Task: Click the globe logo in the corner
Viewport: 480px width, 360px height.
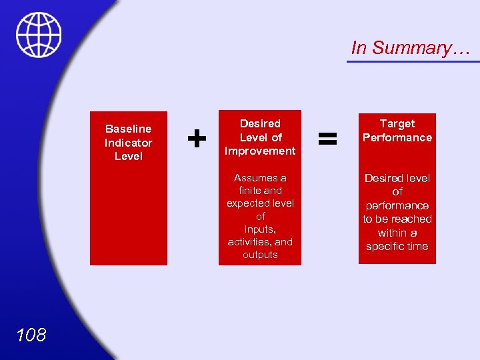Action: pyautogui.click(x=39, y=35)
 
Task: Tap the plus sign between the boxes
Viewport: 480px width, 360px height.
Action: pyautogui.click(x=196, y=138)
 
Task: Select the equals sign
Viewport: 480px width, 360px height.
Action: pyautogui.click(x=327, y=138)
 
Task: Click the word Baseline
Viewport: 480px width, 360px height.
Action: pyautogui.click(x=128, y=129)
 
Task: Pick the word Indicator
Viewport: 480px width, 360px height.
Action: pyautogui.click(x=128, y=143)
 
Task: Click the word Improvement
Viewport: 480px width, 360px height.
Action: pyautogui.click(x=260, y=151)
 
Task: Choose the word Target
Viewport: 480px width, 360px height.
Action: pyautogui.click(x=397, y=123)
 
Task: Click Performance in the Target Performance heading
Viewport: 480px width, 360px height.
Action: pyautogui.click(x=397, y=137)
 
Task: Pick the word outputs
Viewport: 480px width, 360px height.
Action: pyautogui.click(x=260, y=255)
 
